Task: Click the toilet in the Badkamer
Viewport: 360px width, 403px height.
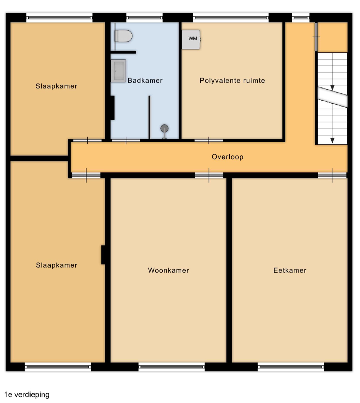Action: (123, 36)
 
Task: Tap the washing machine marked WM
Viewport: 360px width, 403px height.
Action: (191, 39)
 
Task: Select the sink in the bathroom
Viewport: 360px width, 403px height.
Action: (118, 71)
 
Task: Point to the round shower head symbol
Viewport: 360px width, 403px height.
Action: (165, 128)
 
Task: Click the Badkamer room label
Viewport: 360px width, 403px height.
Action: (145, 81)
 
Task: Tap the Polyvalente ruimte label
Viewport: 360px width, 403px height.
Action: (232, 81)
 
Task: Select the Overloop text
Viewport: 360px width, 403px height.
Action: (228, 157)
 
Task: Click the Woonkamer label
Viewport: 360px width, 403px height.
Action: (169, 271)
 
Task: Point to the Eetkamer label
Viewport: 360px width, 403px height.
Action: (290, 271)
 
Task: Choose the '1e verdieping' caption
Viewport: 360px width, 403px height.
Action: (27, 394)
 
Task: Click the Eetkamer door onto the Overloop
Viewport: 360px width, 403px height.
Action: (332, 175)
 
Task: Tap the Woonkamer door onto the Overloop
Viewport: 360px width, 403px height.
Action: (209, 175)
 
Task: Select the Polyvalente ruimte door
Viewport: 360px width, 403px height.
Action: (209, 140)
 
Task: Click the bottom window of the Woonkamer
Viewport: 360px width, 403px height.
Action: (172, 367)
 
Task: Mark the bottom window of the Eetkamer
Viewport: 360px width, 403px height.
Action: (291, 367)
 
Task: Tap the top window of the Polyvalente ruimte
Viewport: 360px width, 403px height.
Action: (231, 18)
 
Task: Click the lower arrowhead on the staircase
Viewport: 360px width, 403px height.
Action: (332, 140)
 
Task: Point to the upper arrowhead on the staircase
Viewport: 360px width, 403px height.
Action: (332, 88)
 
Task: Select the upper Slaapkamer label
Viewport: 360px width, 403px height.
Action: (56, 86)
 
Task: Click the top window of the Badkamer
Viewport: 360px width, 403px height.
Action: (144, 18)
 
